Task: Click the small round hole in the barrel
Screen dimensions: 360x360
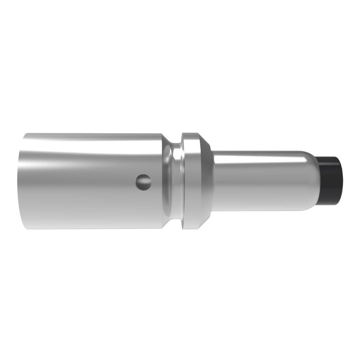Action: (x=144, y=182)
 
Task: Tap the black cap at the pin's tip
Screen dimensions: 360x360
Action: (x=330, y=181)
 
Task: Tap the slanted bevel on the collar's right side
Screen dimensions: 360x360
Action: (x=205, y=182)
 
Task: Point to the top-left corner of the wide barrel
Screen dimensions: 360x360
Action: (x=24, y=134)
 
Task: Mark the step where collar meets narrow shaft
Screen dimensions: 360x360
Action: (x=212, y=182)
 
